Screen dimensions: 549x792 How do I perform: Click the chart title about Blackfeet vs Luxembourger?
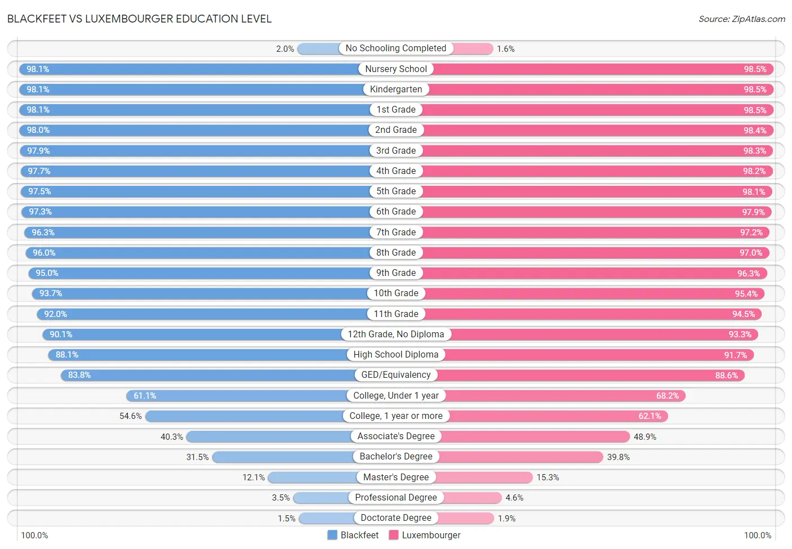click(x=139, y=19)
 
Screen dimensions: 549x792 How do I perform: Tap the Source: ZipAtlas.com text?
click(x=741, y=19)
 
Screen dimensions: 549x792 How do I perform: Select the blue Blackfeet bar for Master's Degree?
click(x=312, y=477)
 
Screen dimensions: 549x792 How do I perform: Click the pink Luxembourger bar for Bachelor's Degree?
click(x=521, y=457)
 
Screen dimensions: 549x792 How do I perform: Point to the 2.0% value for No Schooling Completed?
click(x=285, y=49)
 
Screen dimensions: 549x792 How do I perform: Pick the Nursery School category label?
click(x=396, y=69)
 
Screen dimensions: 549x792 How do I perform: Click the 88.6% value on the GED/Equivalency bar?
click(x=726, y=376)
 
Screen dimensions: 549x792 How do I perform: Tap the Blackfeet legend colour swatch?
click(x=332, y=535)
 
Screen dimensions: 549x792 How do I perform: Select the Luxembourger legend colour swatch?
click(x=394, y=535)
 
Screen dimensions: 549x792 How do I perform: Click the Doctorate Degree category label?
click(x=396, y=518)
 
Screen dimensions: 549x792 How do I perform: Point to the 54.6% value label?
click(x=131, y=416)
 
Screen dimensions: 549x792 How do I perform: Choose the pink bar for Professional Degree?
click(x=473, y=498)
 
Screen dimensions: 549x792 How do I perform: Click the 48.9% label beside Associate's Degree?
click(x=645, y=437)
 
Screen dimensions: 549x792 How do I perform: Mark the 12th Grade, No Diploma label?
click(x=396, y=334)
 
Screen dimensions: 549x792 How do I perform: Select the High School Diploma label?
click(x=396, y=355)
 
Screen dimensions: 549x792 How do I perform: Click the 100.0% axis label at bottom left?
click(x=34, y=535)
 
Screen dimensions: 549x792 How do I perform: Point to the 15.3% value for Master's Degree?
click(x=548, y=477)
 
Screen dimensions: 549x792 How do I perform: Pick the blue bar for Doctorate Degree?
click(x=326, y=518)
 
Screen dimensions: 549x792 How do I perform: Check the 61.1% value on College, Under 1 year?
click(x=145, y=396)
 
